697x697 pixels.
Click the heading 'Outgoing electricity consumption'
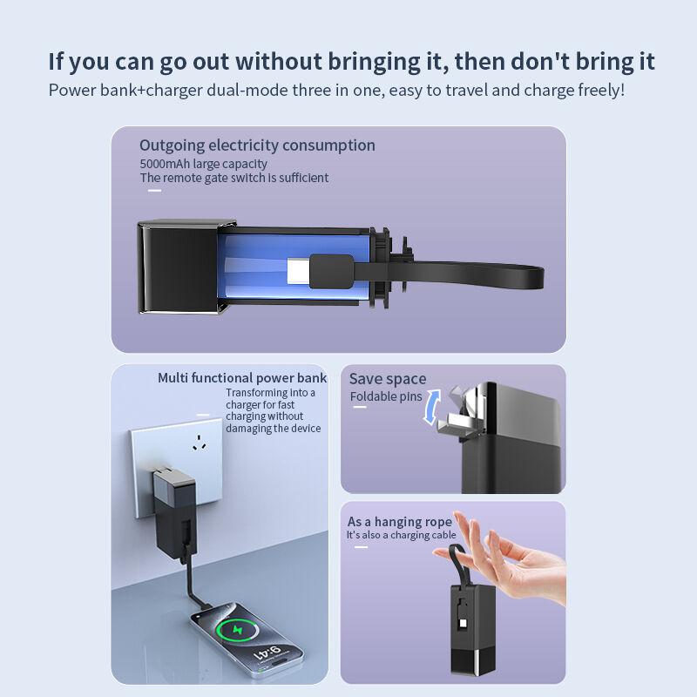pos(257,145)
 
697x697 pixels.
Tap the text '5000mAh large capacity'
pos(203,164)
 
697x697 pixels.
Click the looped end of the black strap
pos(523,278)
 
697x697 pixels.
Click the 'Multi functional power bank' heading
pos(242,378)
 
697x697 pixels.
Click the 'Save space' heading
pos(388,379)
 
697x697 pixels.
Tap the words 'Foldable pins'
pos(385,397)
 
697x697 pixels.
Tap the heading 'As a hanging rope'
pos(400,522)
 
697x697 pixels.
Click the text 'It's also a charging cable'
pos(401,535)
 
